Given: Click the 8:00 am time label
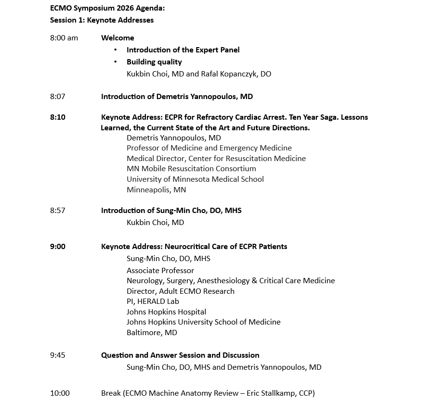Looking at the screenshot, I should pos(64,38).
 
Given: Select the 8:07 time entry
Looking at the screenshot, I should pos(57,97).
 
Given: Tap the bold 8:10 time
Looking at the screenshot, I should pos(58,117).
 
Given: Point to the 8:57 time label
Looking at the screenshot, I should pos(57,211).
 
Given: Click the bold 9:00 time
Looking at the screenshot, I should pos(58,247).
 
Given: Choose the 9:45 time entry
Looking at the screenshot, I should pos(57,355).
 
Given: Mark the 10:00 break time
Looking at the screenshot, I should pos(60,393).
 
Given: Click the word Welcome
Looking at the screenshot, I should pos(118,38).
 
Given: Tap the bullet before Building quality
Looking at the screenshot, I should pos(116,62).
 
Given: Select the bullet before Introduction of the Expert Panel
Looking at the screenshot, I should pos(116,50).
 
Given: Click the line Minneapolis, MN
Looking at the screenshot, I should pos(156,190).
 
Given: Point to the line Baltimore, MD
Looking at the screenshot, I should pos(152,333).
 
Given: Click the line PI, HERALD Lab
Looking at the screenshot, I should pos(153,301).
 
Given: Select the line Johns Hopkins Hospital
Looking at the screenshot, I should pos(166,312).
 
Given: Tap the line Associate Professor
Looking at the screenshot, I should pos(160,271).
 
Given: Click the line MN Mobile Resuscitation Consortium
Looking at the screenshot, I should pos(191,169).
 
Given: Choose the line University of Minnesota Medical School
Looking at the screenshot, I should pos(195,179).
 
